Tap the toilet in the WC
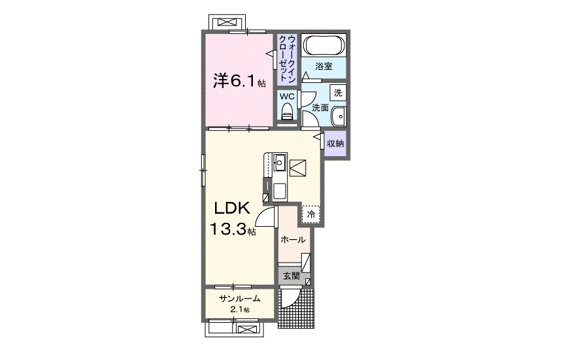pos(288,111)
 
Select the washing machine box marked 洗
pos(339,93)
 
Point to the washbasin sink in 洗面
pos(339,116)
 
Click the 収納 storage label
pos(335,144)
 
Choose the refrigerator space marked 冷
pos(311,214)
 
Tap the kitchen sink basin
pos(280,162)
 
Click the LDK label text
pos(232,208)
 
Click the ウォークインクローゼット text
pos(288,58)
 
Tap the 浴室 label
pos(324,67)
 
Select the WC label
pos(288,97)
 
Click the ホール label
pos(293,240)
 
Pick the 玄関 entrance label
pos(291,276)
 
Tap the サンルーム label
pos(240,299)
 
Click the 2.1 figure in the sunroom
pos(237,310)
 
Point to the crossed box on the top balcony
pos(227,23)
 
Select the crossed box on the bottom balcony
pos(247,329)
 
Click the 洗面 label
pos(320,107)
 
